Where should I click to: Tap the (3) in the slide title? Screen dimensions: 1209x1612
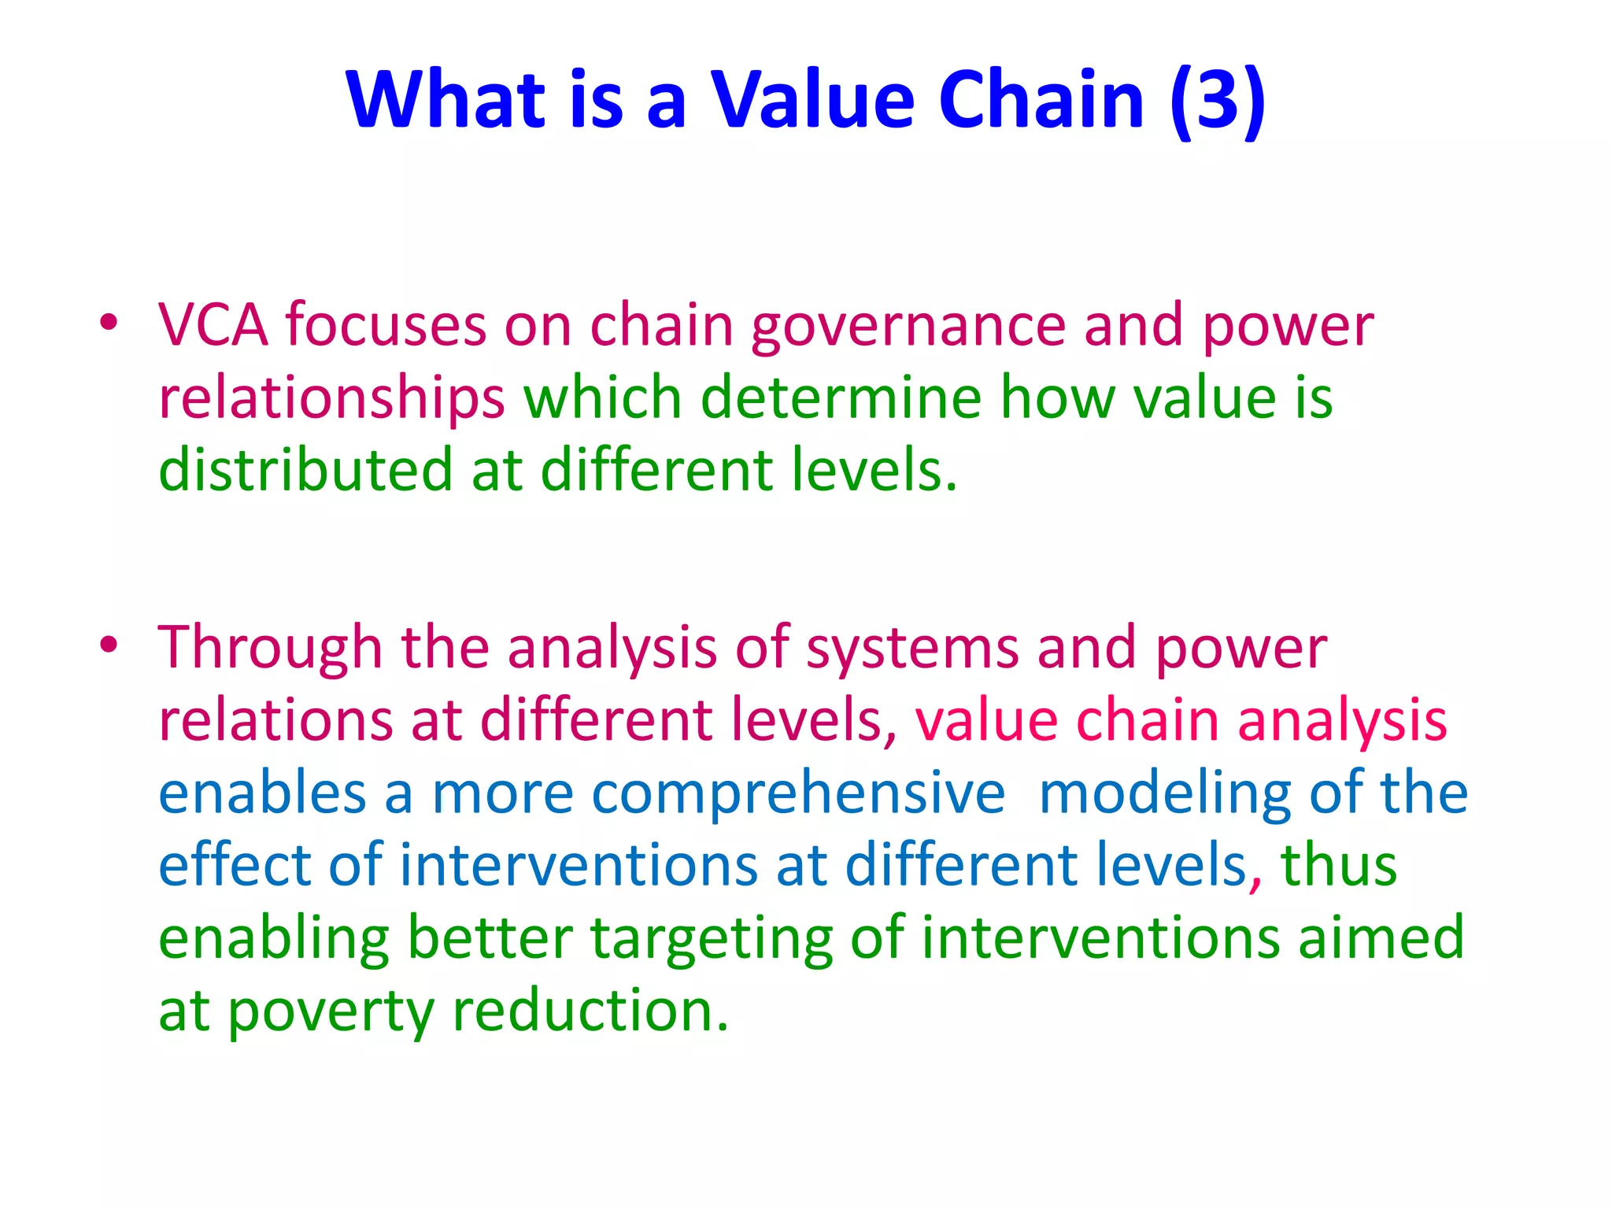1218,101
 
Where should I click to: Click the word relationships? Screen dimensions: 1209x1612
331,398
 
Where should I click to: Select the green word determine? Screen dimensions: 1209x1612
841,397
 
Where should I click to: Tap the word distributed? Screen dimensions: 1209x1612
305,470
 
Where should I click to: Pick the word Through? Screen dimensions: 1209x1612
270,648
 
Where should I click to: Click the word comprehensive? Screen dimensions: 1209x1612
798,794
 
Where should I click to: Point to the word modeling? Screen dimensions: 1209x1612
1164,794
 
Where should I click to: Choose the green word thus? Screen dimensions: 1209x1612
1339,865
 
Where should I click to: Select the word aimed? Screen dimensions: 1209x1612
1381,937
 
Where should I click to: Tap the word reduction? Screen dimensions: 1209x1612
591,1011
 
